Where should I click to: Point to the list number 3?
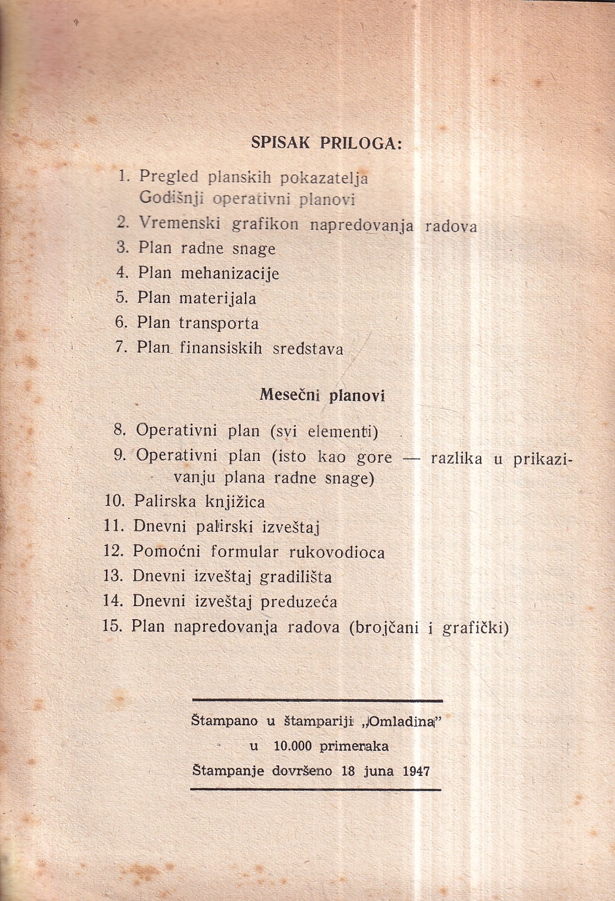coord(122,248)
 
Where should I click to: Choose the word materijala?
coord(217,298)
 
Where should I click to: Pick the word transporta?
coord(219,323)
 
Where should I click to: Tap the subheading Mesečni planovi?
coord(322,396)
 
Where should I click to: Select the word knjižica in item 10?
coord(235,502)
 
